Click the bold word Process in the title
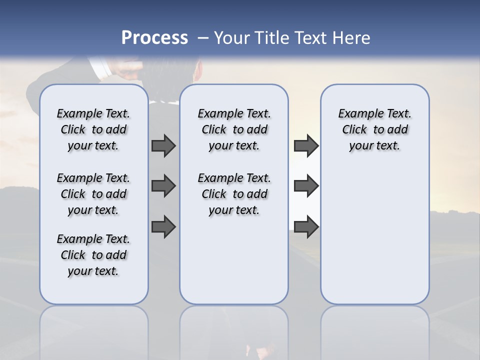coord(154,38)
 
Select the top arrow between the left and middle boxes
coord(163,146)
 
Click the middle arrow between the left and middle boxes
coord(163,186)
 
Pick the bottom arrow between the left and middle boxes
coord(163,226)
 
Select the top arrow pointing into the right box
coord(306,146)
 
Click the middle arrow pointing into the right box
coord(306,186)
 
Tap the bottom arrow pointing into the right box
coord(306,226)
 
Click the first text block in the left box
coord(93,129)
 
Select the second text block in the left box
coord(93,194)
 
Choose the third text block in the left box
coord(93,255)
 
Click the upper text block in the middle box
coord(234,129)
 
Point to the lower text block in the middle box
coord(234,194)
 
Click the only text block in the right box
coord(374,129)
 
